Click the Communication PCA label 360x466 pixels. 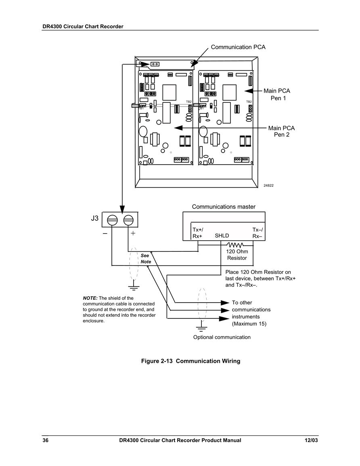(238, 47)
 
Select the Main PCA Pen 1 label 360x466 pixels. (277, 94)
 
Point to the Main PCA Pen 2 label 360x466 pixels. (281, 132)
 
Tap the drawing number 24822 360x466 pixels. (268, 186)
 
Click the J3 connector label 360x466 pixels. (94, 218)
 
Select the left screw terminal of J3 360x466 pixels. (112, 221)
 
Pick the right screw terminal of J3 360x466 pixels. (128, 221)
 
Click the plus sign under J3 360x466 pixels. (133, 233)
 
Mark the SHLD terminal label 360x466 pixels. (222, 236)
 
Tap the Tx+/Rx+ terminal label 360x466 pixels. (198, 233)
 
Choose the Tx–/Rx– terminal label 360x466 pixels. (257, 233)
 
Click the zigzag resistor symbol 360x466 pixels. (235, 245)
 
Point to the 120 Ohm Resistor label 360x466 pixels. (237, 255)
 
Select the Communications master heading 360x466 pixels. (224, 207)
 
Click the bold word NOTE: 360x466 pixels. (90, 298)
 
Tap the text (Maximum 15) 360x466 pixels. (249, 324)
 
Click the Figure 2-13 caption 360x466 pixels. (190, 361)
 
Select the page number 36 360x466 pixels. (46, 441)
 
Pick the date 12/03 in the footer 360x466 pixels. (311, 441)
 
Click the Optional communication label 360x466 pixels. (222, 337)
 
